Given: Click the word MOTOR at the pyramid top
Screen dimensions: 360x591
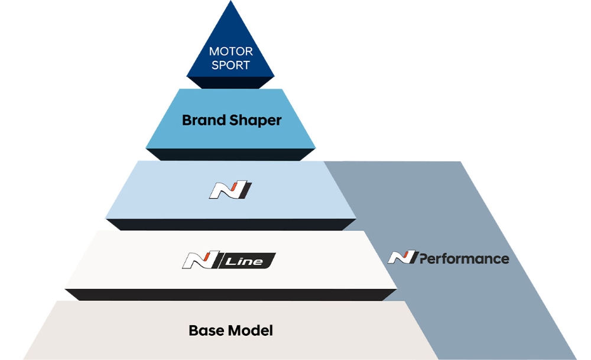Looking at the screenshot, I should [x=230, y=52].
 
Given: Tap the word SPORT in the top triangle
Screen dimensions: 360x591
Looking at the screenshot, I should [x=230, y=65].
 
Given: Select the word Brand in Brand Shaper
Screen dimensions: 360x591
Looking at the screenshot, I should [x=203, y=121].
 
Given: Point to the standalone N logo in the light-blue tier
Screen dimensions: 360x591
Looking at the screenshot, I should [x=230, y=190].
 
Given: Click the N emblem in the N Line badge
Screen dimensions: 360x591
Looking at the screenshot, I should [x=201, y=260].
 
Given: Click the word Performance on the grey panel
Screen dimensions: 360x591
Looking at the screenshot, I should [x=465, y=258].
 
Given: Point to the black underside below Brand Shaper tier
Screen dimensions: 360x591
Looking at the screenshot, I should [x=230, y=155].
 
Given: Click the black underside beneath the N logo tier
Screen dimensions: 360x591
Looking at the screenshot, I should [x=230, y=224].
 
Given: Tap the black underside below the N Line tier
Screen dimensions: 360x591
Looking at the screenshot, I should [x=230, y=294].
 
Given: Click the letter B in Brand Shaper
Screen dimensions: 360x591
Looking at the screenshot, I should [x=187, y=121].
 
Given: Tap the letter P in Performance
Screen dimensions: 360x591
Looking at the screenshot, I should [x=424, y=258].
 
